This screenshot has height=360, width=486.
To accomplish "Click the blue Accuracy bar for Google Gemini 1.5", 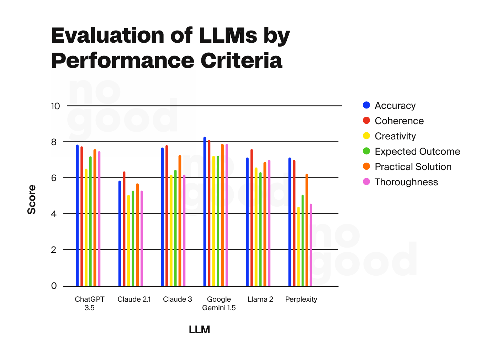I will click(205, 212).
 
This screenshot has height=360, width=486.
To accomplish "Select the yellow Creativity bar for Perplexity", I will click(299, 247).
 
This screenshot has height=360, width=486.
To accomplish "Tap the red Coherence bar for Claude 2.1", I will click(124, 229).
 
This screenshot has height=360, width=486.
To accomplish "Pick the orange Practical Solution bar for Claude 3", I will click(180, 221).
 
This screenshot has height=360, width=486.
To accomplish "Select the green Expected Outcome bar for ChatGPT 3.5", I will click(90, 221).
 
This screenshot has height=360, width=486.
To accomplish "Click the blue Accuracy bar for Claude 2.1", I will click(120, 233).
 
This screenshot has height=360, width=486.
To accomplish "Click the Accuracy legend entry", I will click(395, 106).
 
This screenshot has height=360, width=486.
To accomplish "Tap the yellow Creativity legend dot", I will click(366, 136).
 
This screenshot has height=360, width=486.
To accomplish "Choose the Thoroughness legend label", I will click(406, 182).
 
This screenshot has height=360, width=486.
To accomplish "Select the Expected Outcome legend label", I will click(417, 152).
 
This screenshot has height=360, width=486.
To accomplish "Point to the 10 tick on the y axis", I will click(56, 106).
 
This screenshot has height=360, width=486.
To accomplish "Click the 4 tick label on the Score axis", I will click(54, 214).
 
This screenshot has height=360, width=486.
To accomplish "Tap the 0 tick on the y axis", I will click(54, 286).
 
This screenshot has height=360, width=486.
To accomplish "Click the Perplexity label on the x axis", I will click(301, 299).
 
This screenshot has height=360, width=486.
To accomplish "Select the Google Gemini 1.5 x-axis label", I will click(219, 303).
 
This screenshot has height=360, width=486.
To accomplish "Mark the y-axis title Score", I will click(32, 200).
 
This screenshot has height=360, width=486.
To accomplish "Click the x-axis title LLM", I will click(199, 330).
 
